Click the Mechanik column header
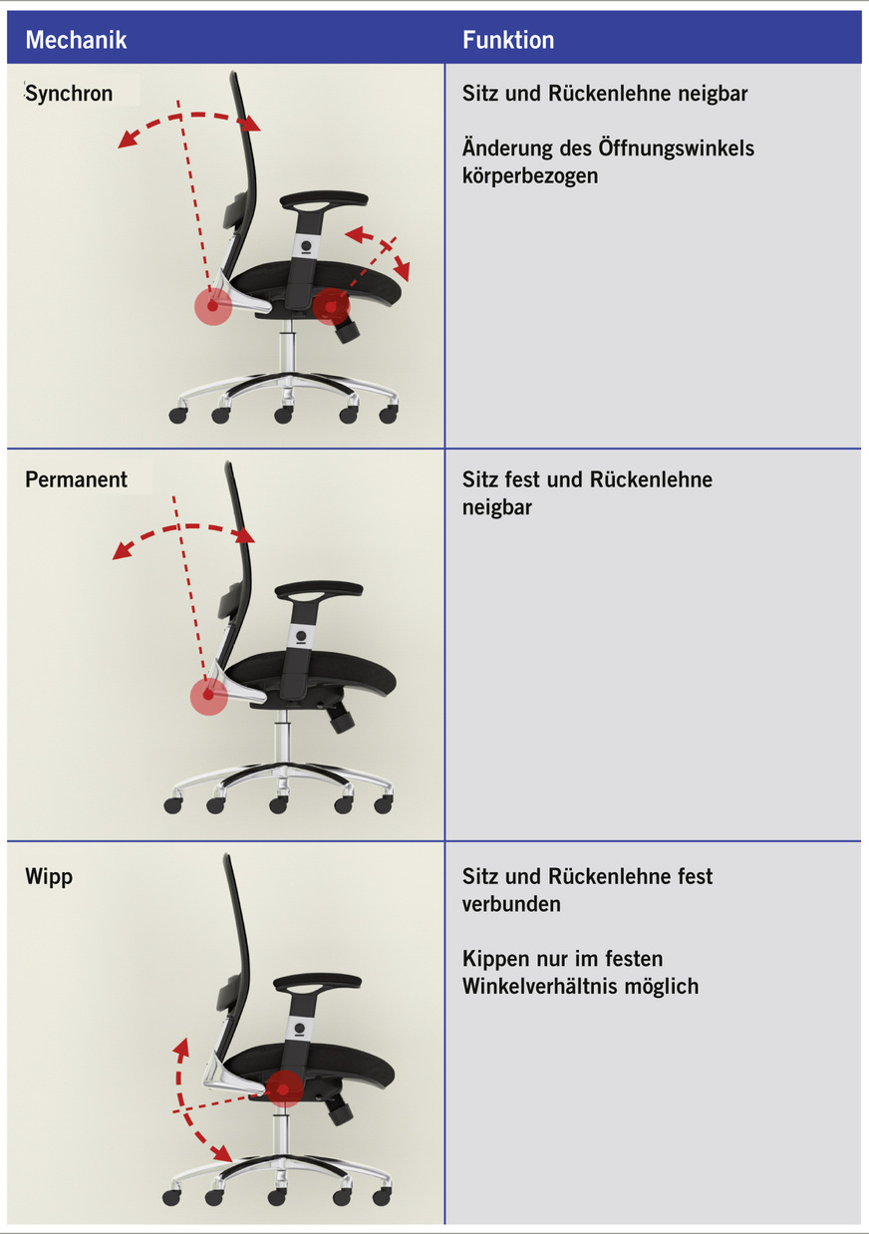[76, 40]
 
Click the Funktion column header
[507, 40]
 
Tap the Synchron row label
[69, 94]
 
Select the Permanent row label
[76, 479]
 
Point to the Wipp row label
[49, 877]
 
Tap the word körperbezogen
[530, 175]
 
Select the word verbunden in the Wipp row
[511, 904]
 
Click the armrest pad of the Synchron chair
[324, 199]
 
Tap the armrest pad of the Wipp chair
[317, 982]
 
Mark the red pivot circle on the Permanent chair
[208, 696]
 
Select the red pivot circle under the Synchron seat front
[331, 306]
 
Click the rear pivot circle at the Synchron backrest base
[213, 306]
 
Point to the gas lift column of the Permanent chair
[281, 737]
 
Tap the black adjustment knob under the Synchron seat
[347, 331]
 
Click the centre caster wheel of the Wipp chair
[276, 1196]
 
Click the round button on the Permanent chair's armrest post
[301, 635]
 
